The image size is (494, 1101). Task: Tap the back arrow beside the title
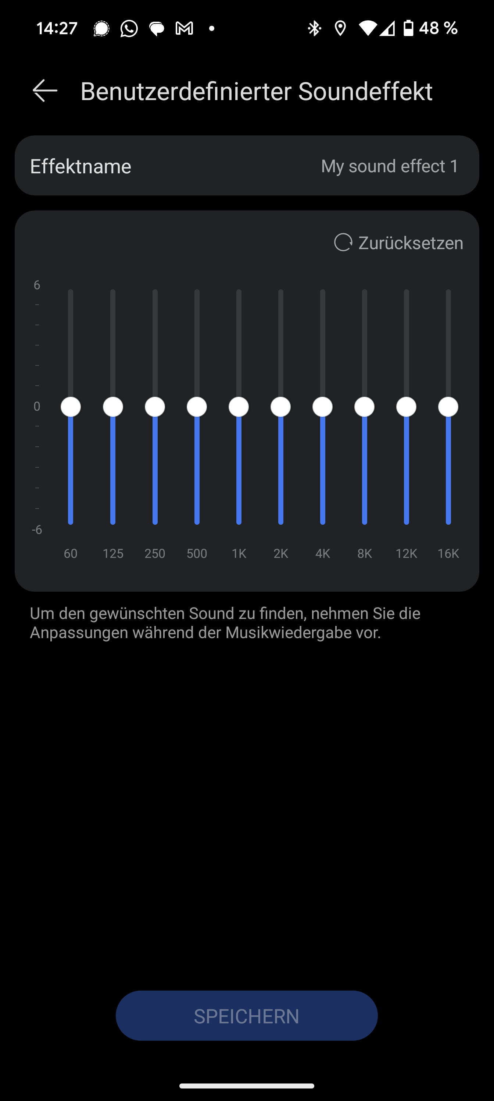(45, 91)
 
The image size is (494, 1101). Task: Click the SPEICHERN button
(246, 1016)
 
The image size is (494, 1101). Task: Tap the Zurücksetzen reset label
(410, 243)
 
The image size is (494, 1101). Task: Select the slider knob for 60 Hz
(71, 407)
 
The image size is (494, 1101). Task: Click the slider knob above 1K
(239, 407)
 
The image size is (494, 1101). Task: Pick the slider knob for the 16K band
(448, 407)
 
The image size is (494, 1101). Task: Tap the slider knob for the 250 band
(155, 407)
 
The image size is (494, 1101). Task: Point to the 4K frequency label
(322, 553)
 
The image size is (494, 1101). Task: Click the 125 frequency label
(113, 553)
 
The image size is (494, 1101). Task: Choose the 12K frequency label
(406, 553)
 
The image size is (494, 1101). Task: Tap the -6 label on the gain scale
(37, 530)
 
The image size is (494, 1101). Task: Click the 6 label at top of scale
(37, 285)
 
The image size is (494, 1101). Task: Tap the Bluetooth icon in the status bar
(315, 29)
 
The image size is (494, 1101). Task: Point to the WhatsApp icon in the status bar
(129, 29)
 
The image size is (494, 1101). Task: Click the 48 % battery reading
(438, 29)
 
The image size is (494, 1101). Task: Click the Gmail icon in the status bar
(185, 29)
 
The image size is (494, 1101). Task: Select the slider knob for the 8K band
(364, 407)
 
